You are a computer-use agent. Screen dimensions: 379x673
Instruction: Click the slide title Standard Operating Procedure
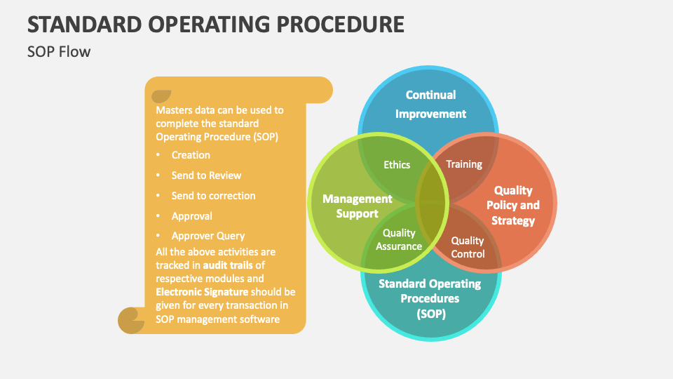coord(216,24)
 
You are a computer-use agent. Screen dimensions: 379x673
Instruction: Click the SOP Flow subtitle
coord(59,51)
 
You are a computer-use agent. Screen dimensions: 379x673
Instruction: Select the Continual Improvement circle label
coord(430,104)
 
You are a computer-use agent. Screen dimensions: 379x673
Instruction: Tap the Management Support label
coord(357,206)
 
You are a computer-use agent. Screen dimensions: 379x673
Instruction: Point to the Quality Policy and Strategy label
coord(513,206)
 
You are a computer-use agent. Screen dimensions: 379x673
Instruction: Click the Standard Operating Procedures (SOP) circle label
coord(430,298)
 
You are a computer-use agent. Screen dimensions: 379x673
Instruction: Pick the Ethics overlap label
coord(397,164)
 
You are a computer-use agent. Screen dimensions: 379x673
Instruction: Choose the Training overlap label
coord(464,164)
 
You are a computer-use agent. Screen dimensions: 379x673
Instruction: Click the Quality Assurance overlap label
coord(399,239)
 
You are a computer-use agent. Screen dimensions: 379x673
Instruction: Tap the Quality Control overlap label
coord(468,247)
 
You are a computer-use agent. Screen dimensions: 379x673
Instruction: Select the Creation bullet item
coord(191,155)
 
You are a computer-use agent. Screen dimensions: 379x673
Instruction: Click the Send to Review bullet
coord(206,175)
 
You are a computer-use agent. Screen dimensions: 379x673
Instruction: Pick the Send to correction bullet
coord(213,196)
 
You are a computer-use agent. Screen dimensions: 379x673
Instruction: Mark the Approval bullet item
coord(191,216)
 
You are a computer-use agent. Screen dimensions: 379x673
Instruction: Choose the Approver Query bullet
coord(208,237)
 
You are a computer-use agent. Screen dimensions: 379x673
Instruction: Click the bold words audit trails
coord(226,265)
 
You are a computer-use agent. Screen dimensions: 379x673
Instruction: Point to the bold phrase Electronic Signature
coord(201,291)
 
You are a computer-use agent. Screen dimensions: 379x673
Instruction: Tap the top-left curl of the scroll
coord(161,95)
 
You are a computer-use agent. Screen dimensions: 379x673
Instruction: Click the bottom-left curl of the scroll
coord(130,320)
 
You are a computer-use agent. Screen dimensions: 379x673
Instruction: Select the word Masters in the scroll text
coord(173,110)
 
